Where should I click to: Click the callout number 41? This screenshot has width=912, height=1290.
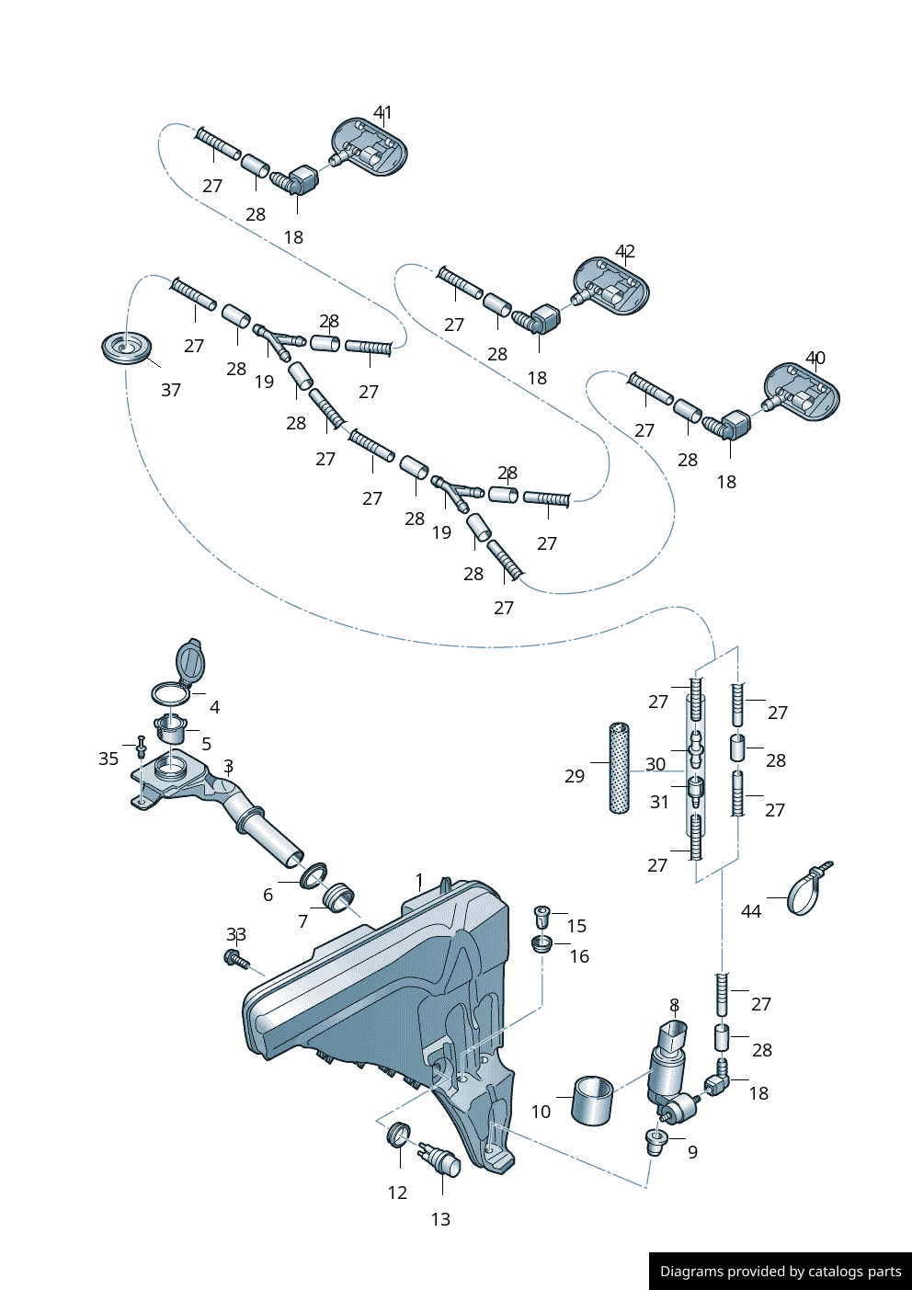tap(382, 112)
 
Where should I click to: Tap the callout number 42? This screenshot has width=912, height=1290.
tap(624, 252)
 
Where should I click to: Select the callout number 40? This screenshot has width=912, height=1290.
tap(815, 359)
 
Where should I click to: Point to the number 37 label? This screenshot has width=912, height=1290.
tap(171, 391)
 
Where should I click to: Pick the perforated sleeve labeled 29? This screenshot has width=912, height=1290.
tap(619, 769)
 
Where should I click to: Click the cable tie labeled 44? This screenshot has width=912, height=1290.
tap(809, 891)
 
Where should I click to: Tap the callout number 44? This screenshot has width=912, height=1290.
tap(751, 911)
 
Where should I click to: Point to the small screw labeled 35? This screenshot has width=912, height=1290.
tap(141, 747)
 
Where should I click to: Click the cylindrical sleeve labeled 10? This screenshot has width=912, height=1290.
tap(592, 1100)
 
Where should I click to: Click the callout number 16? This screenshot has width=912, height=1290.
tap(579, 956)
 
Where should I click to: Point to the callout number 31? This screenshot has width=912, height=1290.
tap(659, 802)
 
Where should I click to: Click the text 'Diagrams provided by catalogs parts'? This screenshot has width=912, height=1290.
tap(781, 1271)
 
